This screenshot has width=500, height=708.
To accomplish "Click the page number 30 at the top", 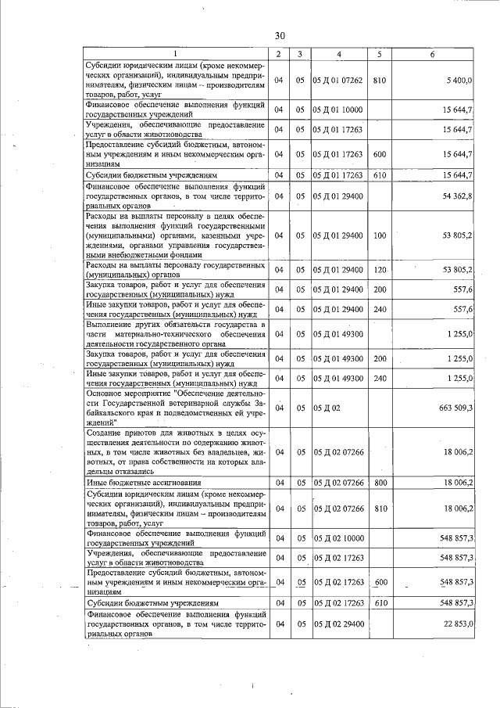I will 280,35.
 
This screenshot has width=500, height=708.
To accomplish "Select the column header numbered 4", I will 338,53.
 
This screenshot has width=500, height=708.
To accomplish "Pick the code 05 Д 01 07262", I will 338,80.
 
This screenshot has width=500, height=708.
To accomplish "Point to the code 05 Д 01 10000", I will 338,109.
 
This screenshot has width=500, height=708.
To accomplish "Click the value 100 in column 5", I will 380,235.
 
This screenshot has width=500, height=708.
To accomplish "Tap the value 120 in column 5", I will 380,270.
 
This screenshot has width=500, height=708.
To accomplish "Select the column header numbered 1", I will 175,53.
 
